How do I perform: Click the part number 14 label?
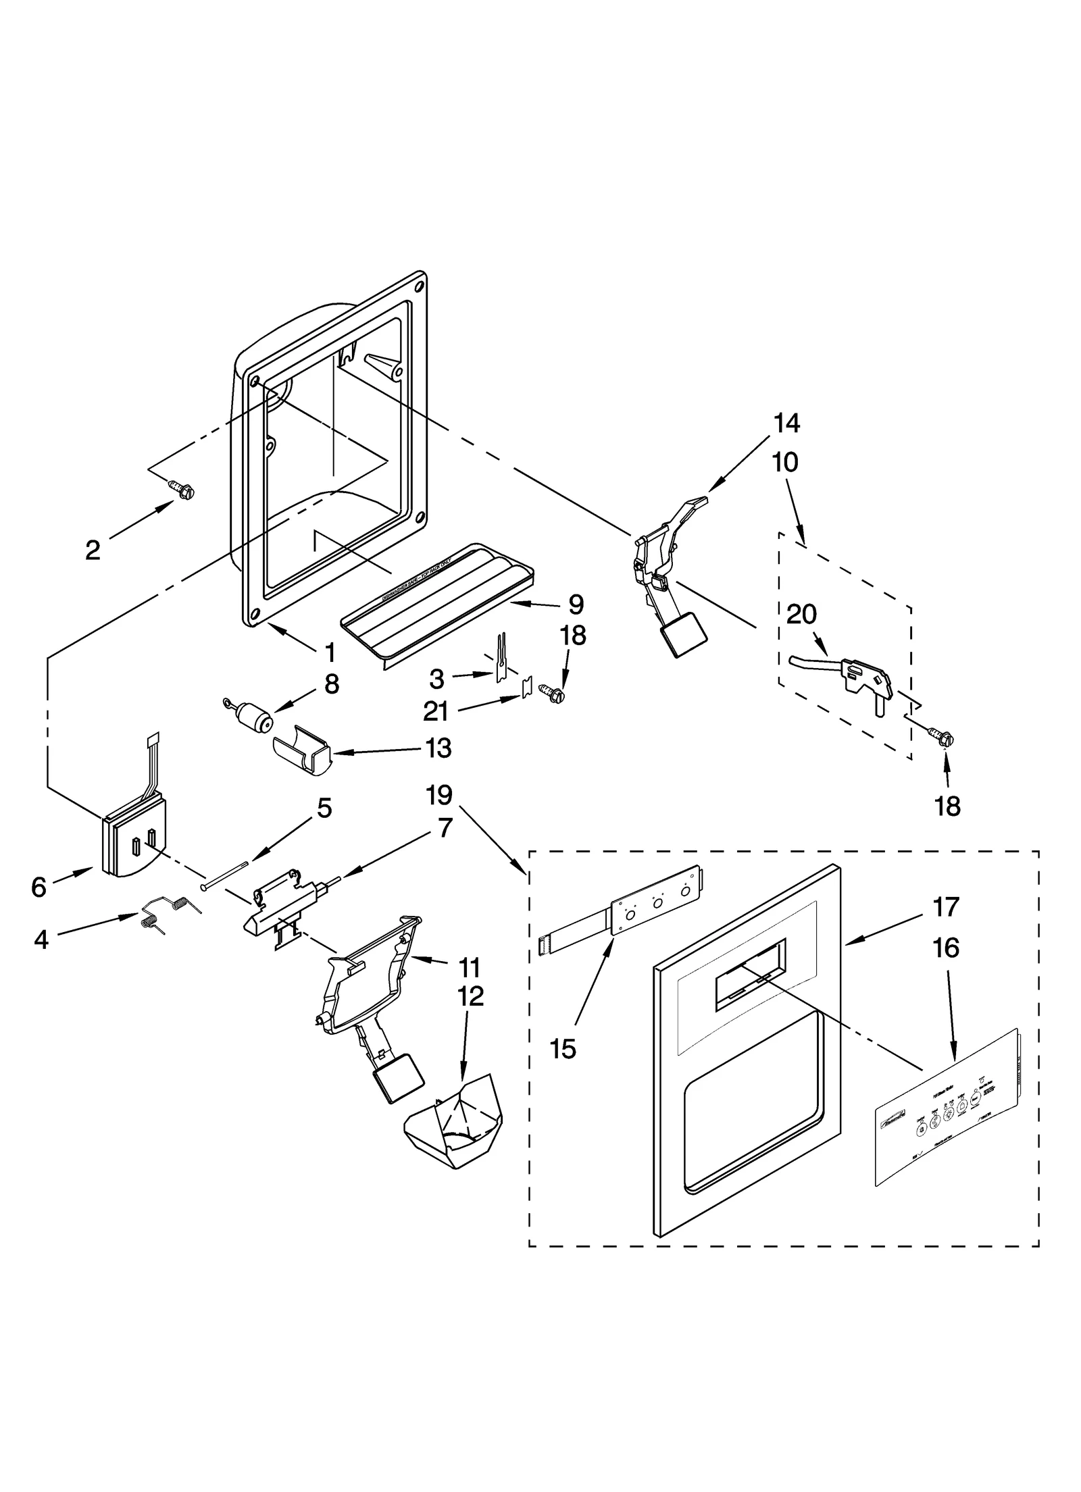pyautogui.click(x=786, y=423)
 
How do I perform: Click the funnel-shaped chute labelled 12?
pyautogui.click(x=454, y=1129)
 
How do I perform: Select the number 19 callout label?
pyautogui.click(x=439, y=795)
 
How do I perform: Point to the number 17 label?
pyautogui.click(x=945, y=907)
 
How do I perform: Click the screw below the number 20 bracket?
pyautogui.click(x=938, y=734)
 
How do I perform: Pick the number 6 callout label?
pyautogui.click(x=39, y=887)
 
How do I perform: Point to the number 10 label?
pyautogui.click(x=786, y=463)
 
